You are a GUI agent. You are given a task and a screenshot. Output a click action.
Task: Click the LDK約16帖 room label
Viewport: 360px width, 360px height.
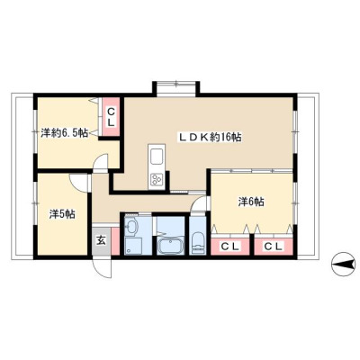(x=211, y=138)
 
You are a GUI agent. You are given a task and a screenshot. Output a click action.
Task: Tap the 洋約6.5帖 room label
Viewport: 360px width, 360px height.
(x=64, y=132)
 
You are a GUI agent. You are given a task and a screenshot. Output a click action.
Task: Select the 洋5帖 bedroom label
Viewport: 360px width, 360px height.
(x=62, y=214)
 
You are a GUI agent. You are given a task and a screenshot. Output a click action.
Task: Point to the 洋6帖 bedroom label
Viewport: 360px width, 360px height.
(x=251, y=202)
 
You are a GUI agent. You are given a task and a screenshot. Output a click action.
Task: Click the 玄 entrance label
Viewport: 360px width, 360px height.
(x=101, y=240)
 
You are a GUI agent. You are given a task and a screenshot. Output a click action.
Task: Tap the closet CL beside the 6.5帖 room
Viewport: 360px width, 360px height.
(x=111, y=117)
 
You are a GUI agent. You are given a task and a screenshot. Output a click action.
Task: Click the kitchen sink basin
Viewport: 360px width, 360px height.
(x=157, y=157)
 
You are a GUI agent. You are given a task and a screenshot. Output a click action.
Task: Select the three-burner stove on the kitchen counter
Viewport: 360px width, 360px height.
(x=157, y=181)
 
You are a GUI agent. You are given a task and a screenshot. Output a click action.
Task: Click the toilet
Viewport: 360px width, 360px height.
(x=198, y=242)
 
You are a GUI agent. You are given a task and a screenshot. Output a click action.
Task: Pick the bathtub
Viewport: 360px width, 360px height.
(x=170, y=245)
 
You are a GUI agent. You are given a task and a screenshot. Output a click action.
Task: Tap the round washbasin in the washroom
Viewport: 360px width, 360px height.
(x=131, y=227)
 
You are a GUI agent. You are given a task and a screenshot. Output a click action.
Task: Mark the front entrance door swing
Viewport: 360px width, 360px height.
(x=103, y=268)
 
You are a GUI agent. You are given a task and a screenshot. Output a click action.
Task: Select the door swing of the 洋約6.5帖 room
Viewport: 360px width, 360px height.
(x=100, y=163)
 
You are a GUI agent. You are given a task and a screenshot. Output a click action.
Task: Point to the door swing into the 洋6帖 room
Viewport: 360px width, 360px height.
(x=200, y=203)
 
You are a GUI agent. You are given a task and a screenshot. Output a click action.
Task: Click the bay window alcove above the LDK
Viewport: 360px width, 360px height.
(x=176, y=89)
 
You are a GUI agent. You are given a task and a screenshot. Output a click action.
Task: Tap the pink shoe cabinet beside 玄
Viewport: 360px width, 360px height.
(x=115, y=241)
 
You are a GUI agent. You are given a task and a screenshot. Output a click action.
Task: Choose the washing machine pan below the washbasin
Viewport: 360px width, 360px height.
(x=133, y=246)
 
